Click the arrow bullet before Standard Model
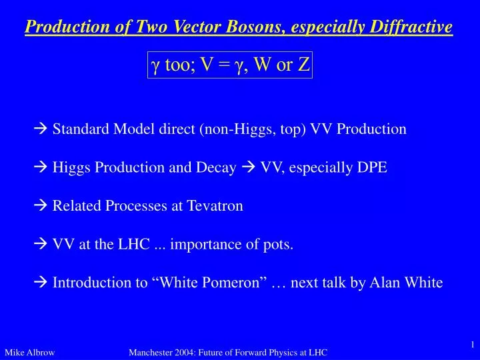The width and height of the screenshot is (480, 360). click(42, 129)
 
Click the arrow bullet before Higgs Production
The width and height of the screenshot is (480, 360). click(42, 168)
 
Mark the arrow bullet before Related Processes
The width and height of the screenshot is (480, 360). click(42, 206)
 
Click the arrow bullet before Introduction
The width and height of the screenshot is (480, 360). click(42, 283)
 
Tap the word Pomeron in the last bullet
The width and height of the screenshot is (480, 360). click(235, 283)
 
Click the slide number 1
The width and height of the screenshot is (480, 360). click(471, 344)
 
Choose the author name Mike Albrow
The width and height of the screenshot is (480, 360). click(29, 352)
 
